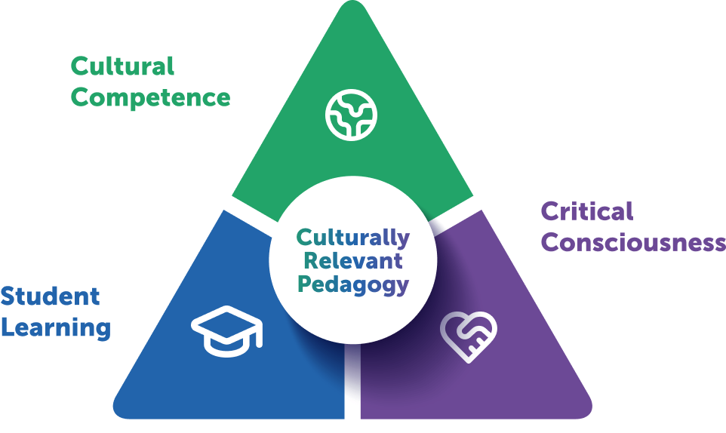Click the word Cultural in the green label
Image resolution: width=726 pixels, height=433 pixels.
pos(122,66)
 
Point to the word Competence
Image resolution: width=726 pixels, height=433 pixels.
pos(150,98)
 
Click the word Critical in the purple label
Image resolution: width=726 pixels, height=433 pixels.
pos(587,211)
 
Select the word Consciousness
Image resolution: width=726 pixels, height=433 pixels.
pos(633,243)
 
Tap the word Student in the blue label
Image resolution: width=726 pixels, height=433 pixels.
pos(50,296)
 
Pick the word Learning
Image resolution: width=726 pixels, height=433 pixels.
pos(56,328)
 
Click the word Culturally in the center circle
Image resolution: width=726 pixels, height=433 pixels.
pos(352,238)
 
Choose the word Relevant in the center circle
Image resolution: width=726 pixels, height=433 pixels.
pos(352,261)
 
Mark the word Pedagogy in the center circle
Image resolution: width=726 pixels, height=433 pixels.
pos(352,285)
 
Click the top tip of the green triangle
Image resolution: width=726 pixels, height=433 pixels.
pos(352,8)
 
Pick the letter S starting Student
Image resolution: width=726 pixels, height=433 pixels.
pos(8,296)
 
